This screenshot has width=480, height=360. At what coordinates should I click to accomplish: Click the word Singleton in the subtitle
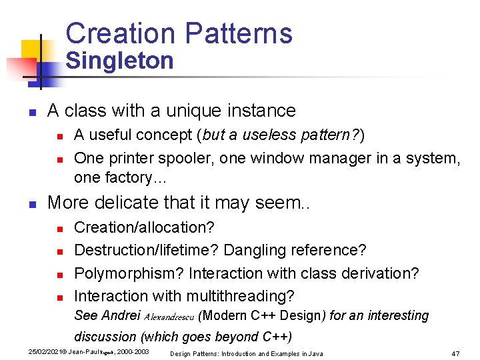coord(120,61)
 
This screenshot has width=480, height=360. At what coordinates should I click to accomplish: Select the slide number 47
coord(456,353)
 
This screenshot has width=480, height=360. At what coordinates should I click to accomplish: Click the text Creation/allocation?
coord(144,227)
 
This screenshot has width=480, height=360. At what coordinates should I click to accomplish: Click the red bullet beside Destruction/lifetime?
coord(59,251)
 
